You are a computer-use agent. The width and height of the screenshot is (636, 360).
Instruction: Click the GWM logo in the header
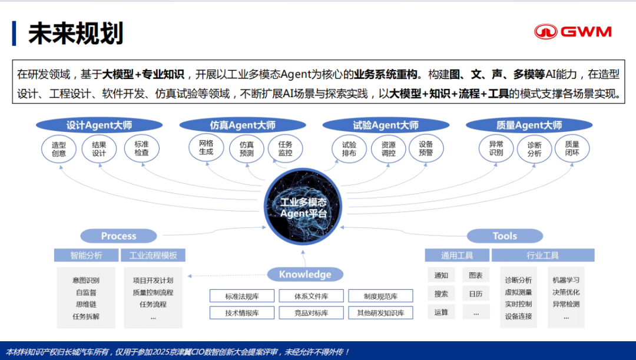pyautogui.click(x=572, y=32)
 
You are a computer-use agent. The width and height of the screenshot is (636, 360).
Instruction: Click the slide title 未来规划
pyautogui.click(x=76, y=34)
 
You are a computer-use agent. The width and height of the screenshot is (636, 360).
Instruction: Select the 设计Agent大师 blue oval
pyautogui.click(x=99, y=125)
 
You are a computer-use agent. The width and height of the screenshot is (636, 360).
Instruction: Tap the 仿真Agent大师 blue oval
pyautogui.click(x=243, y=125)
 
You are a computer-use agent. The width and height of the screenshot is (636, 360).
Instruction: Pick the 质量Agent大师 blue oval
pyautogui.click(x=529, y=125)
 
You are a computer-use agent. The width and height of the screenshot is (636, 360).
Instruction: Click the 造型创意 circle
pyautogui.click(x=59, y=148)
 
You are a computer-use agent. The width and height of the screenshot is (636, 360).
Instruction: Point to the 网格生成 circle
pyautogui.click(x=206, y=147)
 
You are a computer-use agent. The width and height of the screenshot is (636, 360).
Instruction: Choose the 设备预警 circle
pyautogui.click(x=426, y=148)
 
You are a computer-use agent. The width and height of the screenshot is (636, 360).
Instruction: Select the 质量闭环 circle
pyautogui.click(x=572, y=148)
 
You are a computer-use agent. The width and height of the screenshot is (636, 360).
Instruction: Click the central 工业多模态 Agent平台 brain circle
pyautogui.click(x=303, y=207)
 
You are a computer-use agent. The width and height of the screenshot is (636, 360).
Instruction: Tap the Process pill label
pyautogui.click(x=118, y=236)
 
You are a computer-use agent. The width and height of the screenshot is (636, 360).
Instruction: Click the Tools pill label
pyautogui.click(x=505, y=236)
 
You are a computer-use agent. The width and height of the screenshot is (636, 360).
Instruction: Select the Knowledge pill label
pyautogui.click(x=305, y=275)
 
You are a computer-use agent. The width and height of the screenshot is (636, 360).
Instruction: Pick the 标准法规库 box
pyautogui.click(x=242, y=296)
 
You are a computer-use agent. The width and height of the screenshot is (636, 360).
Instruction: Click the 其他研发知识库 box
pyautogui.click(x=380, y=313)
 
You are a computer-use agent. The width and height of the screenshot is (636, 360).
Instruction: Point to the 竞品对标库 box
pyautogui.click(x=312, y=313)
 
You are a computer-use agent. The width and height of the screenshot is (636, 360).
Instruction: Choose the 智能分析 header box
pyautogui.click(x=86, y=255)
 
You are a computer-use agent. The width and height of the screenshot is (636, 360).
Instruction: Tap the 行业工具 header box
pyautogui.click(x=542, y=255)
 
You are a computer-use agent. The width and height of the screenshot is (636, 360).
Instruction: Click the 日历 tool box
pyautogui.click(x=476, y=293)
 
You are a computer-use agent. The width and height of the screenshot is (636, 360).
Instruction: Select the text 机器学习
pyautogui.click(x=566, y=280)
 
